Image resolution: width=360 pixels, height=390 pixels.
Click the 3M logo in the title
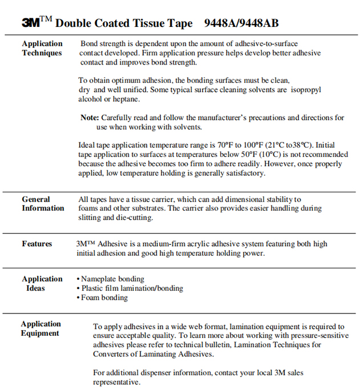31,23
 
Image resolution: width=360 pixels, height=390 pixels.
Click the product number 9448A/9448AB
241,23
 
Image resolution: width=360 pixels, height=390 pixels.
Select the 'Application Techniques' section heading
42,48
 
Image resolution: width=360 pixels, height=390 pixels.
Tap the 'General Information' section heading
43,204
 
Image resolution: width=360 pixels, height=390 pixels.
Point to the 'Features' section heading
37,244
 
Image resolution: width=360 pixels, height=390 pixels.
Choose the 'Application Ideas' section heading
42,283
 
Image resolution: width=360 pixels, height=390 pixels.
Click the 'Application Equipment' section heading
41,328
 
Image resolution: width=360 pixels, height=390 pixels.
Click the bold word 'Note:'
90,118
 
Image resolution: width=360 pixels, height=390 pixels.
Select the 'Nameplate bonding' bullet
112,279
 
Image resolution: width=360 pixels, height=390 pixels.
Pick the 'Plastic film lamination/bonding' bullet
132,288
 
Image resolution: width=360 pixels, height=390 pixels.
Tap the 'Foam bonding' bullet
104,297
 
